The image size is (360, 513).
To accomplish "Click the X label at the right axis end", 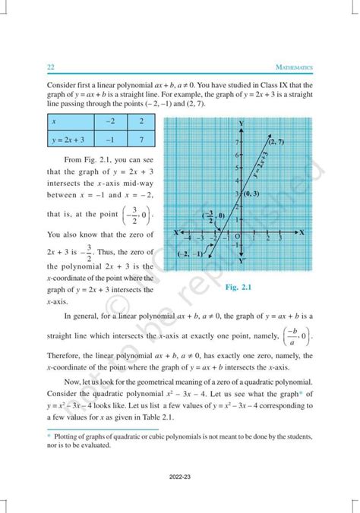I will (302, 231).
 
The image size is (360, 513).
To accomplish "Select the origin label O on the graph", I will (237, 237).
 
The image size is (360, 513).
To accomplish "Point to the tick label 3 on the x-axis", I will (280, 238).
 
